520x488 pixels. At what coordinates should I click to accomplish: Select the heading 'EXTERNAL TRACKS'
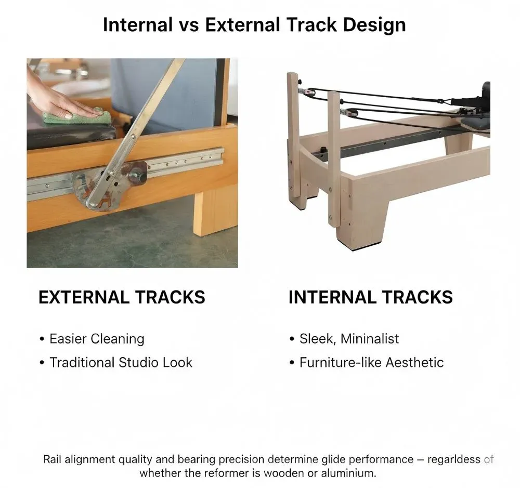[122, 297]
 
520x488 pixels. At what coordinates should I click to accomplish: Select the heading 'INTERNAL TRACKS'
[370, 297]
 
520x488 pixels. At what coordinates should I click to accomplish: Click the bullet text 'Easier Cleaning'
[97, 339]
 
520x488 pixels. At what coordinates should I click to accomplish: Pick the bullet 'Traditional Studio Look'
[121, 362]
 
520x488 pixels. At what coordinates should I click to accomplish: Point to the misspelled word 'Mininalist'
[369, 338]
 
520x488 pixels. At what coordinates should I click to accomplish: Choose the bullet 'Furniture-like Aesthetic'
[371, 362]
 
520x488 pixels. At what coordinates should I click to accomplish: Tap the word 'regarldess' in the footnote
[453, 459]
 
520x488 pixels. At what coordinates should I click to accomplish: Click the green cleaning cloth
[77, 116]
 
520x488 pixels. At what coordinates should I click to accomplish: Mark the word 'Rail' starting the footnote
[52, 459]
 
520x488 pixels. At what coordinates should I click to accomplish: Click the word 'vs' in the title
[189, 26]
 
